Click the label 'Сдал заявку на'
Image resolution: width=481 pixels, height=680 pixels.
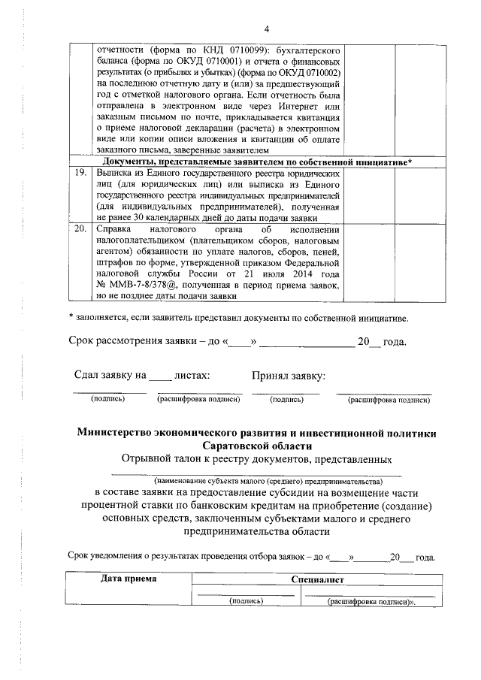point(109,374)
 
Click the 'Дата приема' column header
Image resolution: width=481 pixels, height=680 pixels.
point(129,579)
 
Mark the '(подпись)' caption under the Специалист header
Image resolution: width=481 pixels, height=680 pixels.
point(246,601)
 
